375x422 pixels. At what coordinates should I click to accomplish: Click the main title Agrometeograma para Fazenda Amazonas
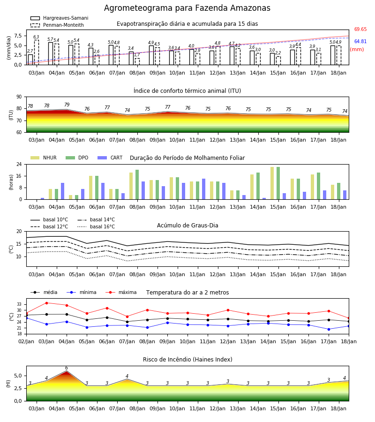187,8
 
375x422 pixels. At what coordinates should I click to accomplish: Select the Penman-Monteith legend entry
57,25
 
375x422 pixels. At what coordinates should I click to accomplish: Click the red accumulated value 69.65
360,30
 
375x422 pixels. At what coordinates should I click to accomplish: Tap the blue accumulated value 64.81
360,41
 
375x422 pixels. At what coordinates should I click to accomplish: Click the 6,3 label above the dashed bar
36,37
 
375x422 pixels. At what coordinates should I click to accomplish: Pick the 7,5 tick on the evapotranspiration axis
18,36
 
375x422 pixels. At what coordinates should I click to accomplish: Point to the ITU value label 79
67,105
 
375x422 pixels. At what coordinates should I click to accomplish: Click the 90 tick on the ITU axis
19,97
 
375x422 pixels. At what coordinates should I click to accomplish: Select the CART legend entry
110,158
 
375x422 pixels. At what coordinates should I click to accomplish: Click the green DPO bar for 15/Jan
278,183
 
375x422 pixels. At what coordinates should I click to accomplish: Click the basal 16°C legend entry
96,226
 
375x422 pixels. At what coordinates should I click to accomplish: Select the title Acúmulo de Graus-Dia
187,226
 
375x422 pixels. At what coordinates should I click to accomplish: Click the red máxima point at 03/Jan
46,303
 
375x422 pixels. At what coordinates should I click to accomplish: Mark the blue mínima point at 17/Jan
329,330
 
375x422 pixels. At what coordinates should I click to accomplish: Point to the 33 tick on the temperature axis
19,304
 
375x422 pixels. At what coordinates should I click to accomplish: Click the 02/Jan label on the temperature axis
26,341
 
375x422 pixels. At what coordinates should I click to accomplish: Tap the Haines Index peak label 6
67,368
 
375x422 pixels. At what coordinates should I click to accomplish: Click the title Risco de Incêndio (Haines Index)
187,360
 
